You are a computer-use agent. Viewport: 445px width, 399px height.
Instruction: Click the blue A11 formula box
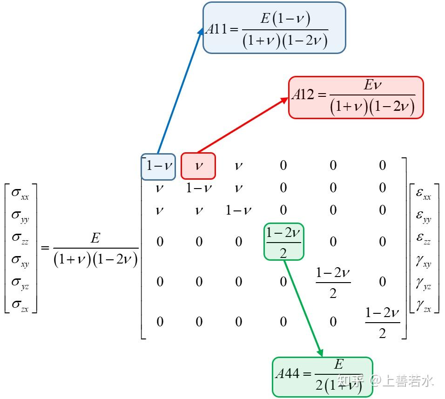click(x=274, y=28)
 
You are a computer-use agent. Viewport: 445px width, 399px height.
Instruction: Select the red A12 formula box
click(x=356, y=97)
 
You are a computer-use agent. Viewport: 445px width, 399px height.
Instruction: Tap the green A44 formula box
click(x=323, y=377)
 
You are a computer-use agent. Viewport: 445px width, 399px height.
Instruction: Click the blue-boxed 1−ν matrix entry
click(x=158, y=167)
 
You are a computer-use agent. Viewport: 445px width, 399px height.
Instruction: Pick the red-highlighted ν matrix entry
click(x=198, y=166)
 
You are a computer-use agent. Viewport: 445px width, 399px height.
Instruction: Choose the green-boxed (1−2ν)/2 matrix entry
click(x=284, y=242)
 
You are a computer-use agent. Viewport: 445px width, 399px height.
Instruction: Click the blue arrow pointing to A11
click(x=180, y=91)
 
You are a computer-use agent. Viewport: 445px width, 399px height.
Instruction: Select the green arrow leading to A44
click(x=303, y=308)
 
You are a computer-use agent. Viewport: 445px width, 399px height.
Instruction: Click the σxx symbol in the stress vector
click(x=20, y=194)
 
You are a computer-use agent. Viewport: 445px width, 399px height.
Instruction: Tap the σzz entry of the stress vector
click(x=20, y=238)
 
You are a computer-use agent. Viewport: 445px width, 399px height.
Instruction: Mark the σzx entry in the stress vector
click(x=20, y=305)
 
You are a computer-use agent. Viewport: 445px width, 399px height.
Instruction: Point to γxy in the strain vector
click(x=424, y=261)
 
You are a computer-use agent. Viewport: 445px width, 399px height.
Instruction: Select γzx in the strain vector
click(x=424, y=305)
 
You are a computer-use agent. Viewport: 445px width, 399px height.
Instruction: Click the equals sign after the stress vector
click(x=45, y=248)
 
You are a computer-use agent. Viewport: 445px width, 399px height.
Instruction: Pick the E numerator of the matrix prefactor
click(x=95, y=238)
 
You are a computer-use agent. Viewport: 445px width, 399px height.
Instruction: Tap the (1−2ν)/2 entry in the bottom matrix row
click(x=382, y=323)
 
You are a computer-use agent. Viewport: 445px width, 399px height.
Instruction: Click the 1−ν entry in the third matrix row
click(x=238, y=210)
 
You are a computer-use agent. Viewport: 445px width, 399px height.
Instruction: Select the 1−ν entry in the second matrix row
click(x=199, y=188)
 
